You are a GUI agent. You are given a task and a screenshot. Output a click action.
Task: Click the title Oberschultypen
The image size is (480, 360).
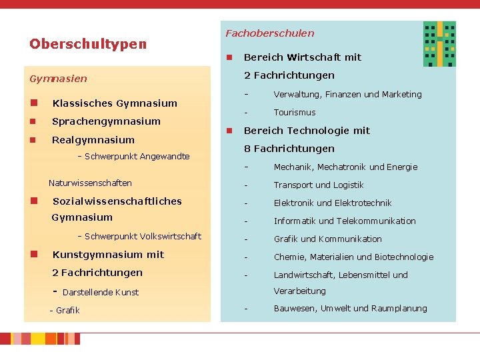click(88, 44)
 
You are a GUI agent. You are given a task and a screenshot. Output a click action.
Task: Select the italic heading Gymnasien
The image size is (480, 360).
click(58, 79)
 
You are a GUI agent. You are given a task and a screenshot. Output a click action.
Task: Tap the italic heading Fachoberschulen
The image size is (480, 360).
click(270, 33)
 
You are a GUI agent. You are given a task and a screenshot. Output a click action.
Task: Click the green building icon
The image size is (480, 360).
click(439, 44)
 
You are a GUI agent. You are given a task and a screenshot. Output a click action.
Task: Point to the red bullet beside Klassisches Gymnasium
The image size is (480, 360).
click(34, 103)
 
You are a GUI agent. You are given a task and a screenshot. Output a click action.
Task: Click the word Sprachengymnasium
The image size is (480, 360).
click(106, 121)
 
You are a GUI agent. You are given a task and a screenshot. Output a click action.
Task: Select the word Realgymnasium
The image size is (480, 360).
click(93, 140)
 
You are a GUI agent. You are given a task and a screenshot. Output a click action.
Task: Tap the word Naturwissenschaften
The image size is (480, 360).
click(90, 183)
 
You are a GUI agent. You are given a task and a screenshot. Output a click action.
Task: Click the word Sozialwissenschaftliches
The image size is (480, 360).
click(117, 201)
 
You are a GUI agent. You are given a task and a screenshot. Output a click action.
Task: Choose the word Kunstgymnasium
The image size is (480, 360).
click(97, 255)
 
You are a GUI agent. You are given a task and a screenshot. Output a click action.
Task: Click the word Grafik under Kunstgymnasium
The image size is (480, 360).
click(67, 311)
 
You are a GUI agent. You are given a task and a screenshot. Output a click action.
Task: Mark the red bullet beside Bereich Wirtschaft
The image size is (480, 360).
click(229, 57)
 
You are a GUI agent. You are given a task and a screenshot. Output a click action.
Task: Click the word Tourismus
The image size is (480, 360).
click(295, 113)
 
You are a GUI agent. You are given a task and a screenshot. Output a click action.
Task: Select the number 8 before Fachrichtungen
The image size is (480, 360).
click(247, 149)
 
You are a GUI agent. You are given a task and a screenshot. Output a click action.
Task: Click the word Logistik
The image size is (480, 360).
click(349, 185)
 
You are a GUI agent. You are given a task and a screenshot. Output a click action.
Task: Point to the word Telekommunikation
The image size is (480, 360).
click(376, 221)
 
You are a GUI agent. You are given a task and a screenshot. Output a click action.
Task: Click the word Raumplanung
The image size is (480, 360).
click(399, 309)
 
